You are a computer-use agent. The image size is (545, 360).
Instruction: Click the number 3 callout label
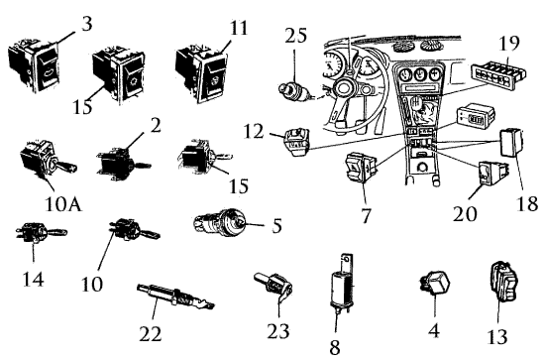pos(87,24)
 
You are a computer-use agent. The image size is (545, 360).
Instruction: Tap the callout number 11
pos(239,28)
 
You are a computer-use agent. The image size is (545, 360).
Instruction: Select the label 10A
pos(63,204)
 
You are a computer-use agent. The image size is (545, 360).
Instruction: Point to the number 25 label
pos(296,36)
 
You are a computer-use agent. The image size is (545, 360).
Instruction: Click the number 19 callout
pos(509,43)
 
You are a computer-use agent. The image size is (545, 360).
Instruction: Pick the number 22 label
pos(151,334)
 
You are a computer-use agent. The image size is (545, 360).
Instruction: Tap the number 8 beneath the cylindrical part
pos(334,347)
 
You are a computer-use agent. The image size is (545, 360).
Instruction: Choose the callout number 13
pos(497,337)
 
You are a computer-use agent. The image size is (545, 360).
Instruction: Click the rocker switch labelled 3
pos(34,67)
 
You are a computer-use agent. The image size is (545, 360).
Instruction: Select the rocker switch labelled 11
pos(201,73)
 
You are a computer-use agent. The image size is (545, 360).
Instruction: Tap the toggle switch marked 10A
pos(49,161)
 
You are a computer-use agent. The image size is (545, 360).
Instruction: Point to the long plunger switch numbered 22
pos(175,297)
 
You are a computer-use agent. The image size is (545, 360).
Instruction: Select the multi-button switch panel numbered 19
pos(498,72)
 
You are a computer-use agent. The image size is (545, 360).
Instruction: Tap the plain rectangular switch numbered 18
pos(511,142)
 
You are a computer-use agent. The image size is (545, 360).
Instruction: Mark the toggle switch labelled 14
pos(41,233)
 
